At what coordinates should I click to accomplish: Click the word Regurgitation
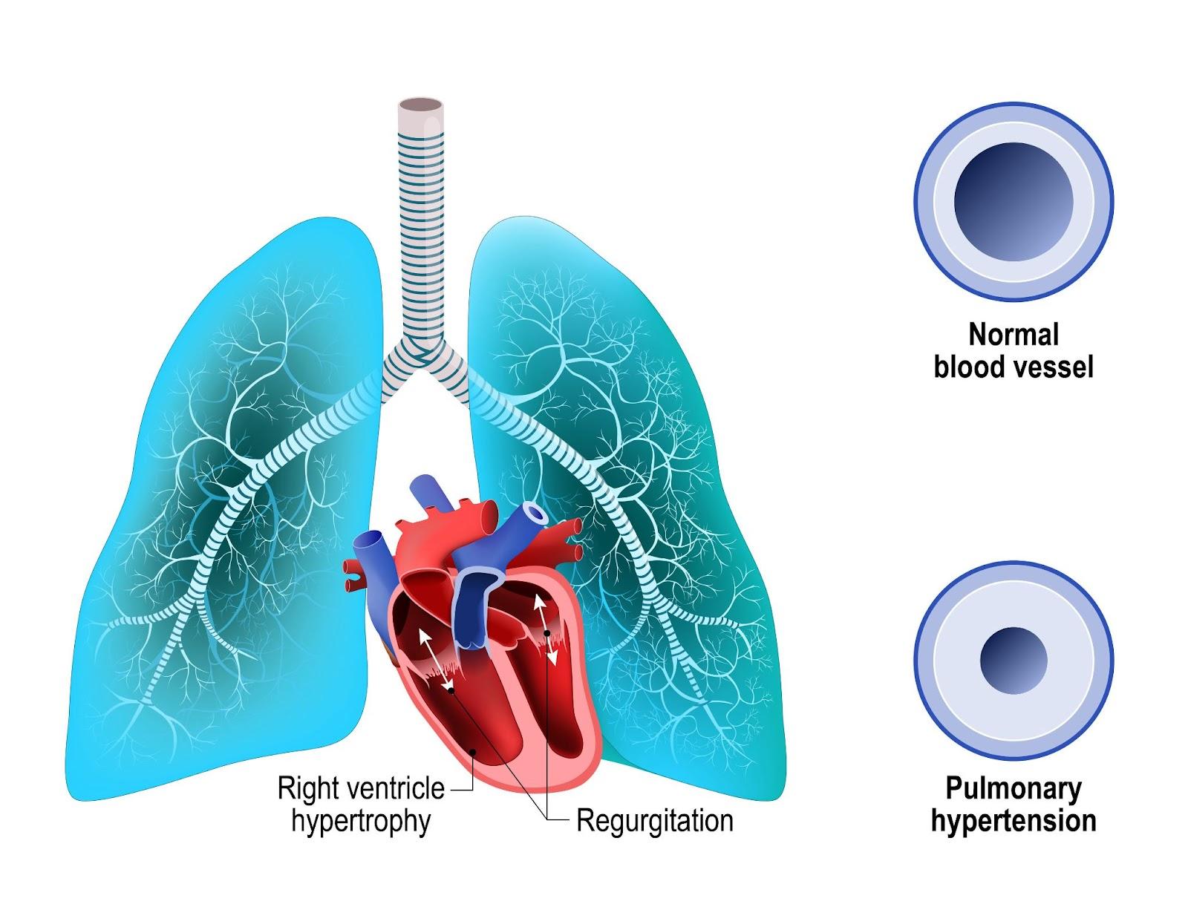coord(654,821)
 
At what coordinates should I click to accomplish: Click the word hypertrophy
coord(361,822)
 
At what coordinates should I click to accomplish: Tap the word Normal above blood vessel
coord(1014,335)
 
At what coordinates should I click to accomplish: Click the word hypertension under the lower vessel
coord(1014,821)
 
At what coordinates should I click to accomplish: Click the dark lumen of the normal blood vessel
coord(1014,202)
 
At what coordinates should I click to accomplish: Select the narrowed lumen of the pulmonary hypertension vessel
coord(1014,661)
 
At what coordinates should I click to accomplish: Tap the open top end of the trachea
coord(421,105)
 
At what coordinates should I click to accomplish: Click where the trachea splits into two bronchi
coord(424,349)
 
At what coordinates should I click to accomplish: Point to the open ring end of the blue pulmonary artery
coord(534,512)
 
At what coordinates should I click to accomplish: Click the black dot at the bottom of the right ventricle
coord(473,751)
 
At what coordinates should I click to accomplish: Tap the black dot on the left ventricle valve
coord(547,632)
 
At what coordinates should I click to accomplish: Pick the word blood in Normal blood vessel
coord(968,367)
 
